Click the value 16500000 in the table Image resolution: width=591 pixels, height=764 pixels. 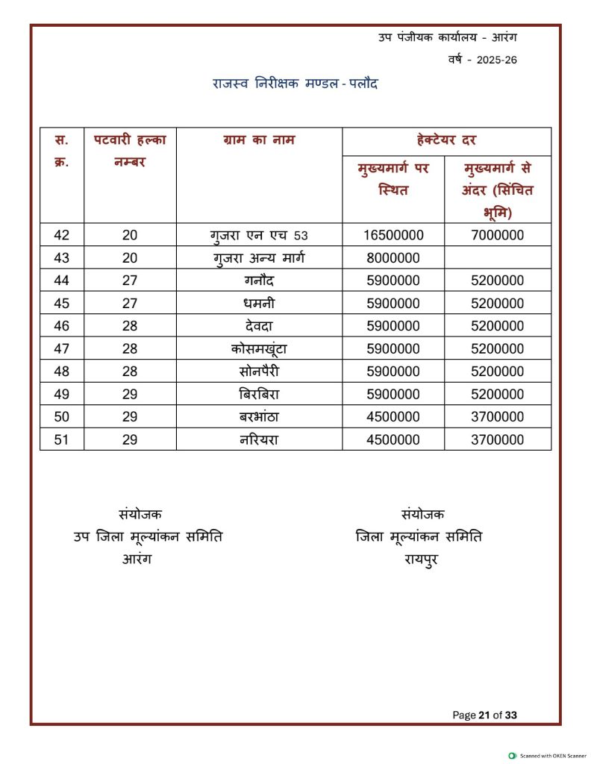click(393, 235)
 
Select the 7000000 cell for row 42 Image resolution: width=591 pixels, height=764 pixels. click(497, 235)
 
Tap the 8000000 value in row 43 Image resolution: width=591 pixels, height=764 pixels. click(393, 258)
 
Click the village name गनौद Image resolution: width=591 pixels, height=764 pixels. click(259, 281)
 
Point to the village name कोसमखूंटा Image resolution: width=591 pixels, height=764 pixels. click(259, 348)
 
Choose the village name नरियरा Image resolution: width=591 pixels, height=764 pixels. click(259, 439)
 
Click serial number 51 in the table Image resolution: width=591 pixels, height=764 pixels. click(62, 439)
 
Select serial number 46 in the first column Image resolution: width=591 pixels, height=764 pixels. click(62, 326)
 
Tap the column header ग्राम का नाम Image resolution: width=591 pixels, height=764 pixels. click(259, 140)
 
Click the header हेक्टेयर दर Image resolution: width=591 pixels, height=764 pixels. click(446, 140)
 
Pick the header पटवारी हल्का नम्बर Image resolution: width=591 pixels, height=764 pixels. click(130, 150)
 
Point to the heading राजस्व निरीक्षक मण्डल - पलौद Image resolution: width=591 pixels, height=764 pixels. click(295, 84)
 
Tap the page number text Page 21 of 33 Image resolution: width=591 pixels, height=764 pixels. click(484, 715)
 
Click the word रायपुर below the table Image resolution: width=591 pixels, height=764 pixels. click(422, 558)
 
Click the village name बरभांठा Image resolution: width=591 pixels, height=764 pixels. click(259, 416)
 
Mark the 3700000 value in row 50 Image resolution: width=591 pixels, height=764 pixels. click(497, 416)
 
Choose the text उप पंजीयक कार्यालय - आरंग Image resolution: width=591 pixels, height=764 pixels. click(448, 37)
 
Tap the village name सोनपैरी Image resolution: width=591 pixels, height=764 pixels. click(259, 372)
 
